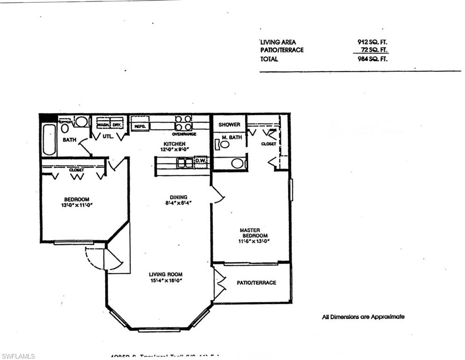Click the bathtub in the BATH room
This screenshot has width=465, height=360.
click(x=49, y=139)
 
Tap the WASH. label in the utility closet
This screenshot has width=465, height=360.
click(x=103, y=125)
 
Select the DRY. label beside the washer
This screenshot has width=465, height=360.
click(x=117, y=125)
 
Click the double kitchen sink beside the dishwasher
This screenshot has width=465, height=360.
click(x=185, y=163)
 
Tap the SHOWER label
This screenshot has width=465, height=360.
click(x=229, y=125)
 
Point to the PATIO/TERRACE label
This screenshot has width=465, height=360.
click(x=256, y=283)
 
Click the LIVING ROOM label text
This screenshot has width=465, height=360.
click(x=165, y=274)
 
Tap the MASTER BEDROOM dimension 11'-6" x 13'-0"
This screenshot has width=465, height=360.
click(x=255, y=241)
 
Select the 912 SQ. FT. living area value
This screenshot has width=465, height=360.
click(x=372, y=42)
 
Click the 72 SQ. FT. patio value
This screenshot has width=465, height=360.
click(x=374, y=50)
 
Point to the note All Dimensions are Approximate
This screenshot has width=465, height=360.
click(x=363, y=317)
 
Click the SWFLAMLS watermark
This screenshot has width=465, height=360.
click(x=18, y=356)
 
